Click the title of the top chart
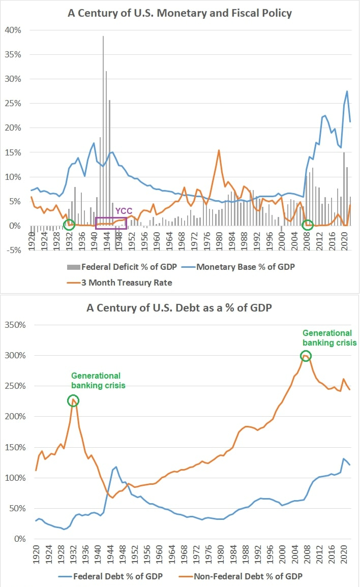[x=180, y=13]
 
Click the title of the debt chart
[x=180, y=307]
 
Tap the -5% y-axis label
[x=14, y=250]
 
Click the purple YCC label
[x=124, y=210]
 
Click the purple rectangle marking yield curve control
[x=111, y=222]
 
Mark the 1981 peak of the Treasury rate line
[x=219, y=150]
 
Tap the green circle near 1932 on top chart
[x=69, y=225]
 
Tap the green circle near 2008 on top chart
[x=307, y=225]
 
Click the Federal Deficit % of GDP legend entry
[x=125, y=266]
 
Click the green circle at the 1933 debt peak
[x=74, y=401]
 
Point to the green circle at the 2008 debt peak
[x=306, y=356]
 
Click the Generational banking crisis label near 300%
[x=327, y=337]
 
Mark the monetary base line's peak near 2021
[x=347, y=91]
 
